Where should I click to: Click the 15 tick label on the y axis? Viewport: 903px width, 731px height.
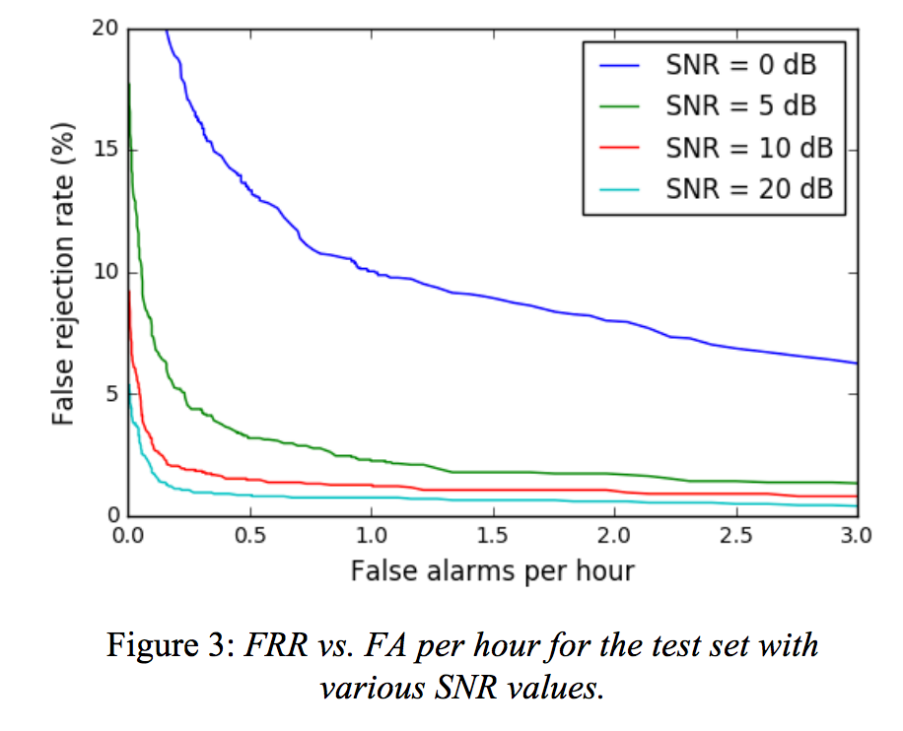click(106, 151)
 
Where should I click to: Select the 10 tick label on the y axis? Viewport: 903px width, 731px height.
click(106, 273)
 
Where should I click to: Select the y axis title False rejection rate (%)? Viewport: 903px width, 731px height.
click(63, 273)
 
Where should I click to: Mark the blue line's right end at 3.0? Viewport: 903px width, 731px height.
click(857, 363)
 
